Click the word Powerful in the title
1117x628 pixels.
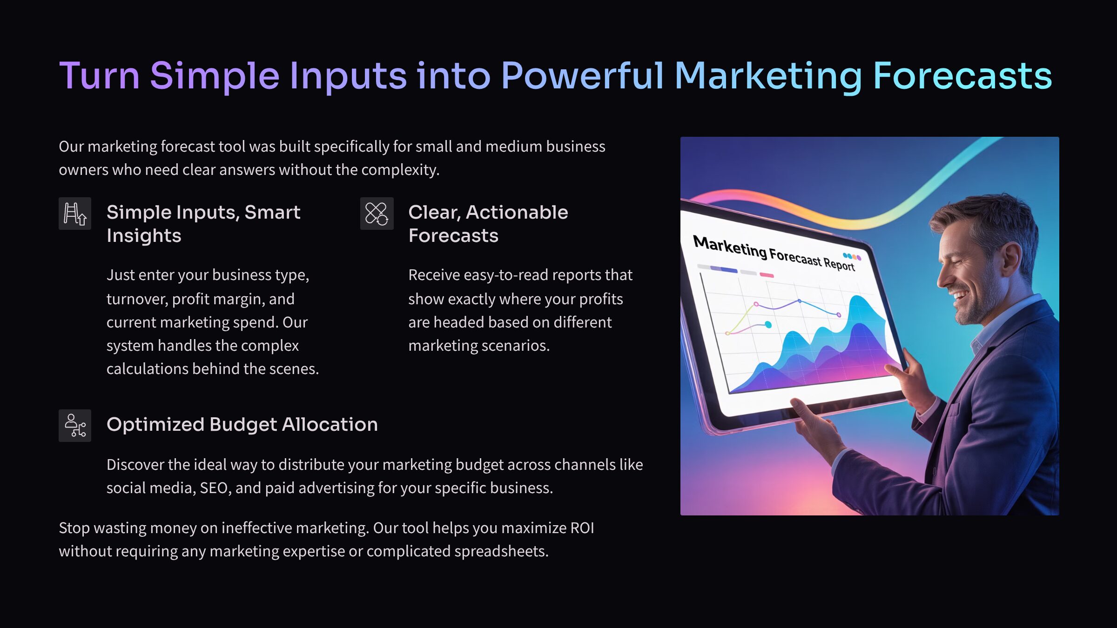point(582,75)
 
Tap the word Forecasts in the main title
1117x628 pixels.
point(962,75)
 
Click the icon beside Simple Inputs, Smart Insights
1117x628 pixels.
point(75,214)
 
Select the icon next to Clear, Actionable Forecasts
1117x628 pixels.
point(377,214)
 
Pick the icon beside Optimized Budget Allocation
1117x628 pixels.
point(75,425)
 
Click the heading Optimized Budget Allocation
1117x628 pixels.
point(242,424)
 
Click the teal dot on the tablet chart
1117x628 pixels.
point(768,325)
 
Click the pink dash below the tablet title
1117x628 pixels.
point(767,275)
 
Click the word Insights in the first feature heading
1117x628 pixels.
point(144,235)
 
